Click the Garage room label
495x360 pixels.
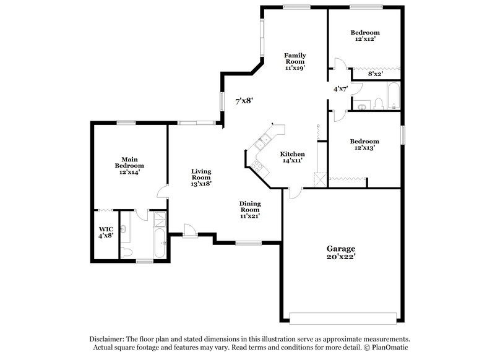tap(342, 247)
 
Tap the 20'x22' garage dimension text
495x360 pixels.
tap(342, 257)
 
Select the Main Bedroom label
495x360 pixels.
tap(129, 162)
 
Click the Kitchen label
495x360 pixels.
tap(292, 154)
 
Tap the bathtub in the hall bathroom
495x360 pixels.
tap(393, 98)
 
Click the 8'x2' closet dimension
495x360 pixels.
tap(375, 74)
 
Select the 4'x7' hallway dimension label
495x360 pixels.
tap(340, 88)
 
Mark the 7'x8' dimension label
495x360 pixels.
tap(244, 100)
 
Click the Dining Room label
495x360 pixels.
tap(249, 210)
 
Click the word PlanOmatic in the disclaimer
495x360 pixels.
tap(389, 348)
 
